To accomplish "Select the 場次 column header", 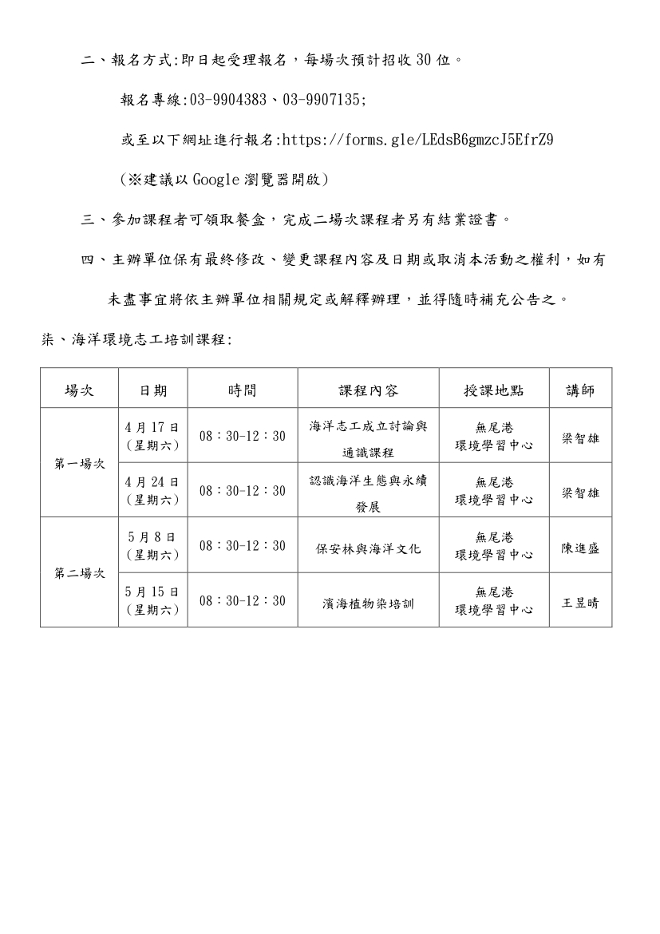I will (x=79, y=390).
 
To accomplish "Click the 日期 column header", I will (x=153, y=390).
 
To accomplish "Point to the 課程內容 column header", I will (x=368, y=390).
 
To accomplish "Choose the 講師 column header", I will (x=580, y=390).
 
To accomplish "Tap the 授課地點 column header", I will (x=494, y=390).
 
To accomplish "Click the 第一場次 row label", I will (x=79, y=463).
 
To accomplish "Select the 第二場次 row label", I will (x=79, y=573).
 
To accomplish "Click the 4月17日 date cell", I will (x=152, y=435).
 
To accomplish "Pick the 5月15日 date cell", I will (x=152, y=600).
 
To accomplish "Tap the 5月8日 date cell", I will (x=152, y=545).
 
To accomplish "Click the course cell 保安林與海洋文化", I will (x=368, y=548).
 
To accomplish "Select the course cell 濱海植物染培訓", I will (x=368, y=604).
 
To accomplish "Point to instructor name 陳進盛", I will (x=580, y=548).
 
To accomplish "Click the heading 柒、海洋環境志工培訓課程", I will (x=136, y=340).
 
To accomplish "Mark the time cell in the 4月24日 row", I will (x=243, y=491).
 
